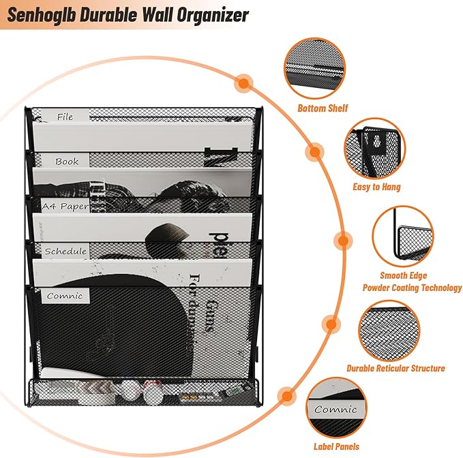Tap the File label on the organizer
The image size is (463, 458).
[65, 117]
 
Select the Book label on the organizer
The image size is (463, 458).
[67, 162]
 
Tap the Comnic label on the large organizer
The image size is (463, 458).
[65, 296]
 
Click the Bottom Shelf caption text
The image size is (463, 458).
[323, 108]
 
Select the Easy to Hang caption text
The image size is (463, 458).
[377, 187]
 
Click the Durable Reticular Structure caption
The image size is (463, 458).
[395, 368]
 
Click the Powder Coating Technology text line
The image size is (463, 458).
[411, 288]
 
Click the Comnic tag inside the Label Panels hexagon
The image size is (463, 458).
[335, 410]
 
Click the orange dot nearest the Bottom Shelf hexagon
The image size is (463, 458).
[243, 82]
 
